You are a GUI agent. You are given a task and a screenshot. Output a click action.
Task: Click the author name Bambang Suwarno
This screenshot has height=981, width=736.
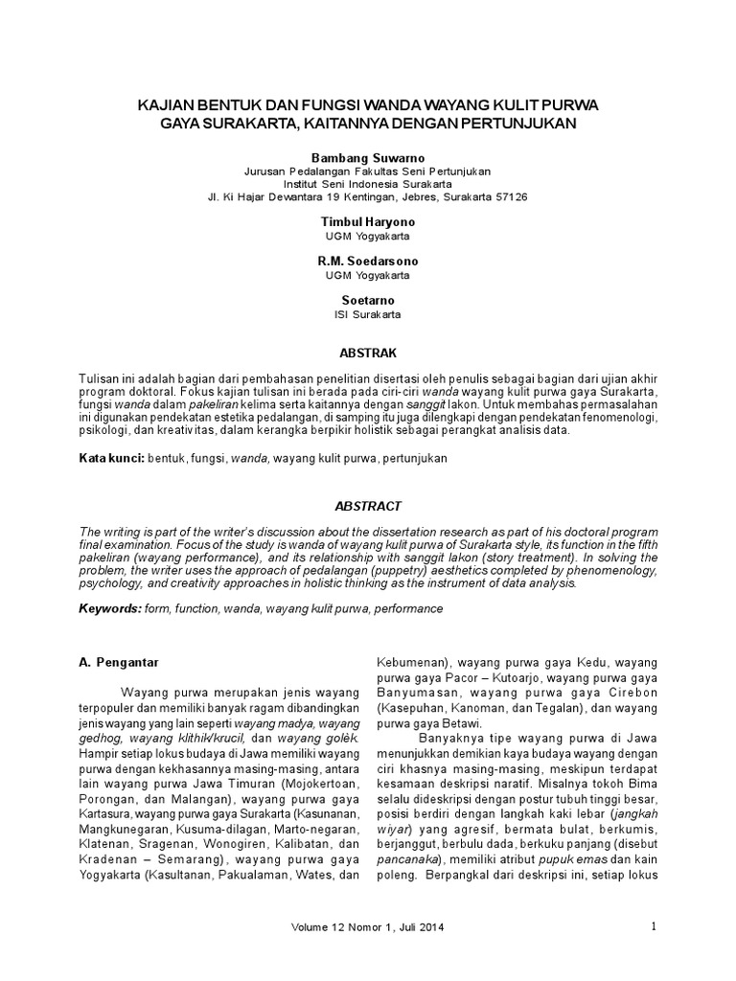(x=367, y=156)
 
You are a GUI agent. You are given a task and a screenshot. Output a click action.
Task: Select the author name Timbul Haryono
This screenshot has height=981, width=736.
(x=367, y=221)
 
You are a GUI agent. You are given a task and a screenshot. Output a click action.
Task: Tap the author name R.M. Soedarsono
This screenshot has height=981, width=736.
(x=367, y=261)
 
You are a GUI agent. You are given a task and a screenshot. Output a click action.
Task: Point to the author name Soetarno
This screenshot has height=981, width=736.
(x=367, y=300)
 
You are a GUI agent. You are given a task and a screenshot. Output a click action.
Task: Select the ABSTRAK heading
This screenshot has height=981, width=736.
(x=367, y=353)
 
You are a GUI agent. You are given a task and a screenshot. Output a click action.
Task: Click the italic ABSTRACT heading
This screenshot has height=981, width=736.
(x=367, y=506)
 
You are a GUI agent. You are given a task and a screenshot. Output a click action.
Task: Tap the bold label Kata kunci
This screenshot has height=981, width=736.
(x=110, y=459)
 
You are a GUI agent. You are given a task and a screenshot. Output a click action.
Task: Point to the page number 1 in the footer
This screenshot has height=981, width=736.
(x=653, y=926)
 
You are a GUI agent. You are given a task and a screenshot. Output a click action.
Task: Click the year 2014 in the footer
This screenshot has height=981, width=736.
(x=430, y=927)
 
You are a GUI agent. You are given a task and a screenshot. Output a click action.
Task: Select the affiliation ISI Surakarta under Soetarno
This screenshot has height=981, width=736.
(x=367, y=313)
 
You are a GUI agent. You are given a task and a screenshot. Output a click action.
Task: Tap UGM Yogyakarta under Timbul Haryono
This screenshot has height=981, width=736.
(x=367, y=235)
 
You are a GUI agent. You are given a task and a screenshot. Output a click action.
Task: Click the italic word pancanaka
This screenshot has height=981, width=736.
(x=405, y=861)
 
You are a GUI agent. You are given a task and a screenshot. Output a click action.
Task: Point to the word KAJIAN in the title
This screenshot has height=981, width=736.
(x=169, y=106)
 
